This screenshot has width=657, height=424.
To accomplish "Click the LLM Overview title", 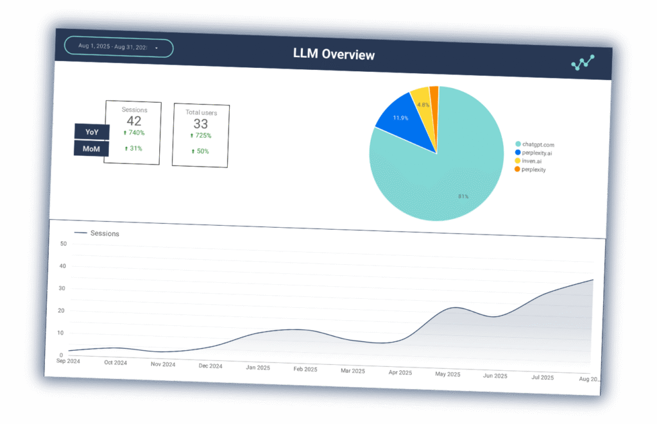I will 333,55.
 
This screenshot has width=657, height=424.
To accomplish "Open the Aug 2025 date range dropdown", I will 119,47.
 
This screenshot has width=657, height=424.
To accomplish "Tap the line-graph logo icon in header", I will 583,62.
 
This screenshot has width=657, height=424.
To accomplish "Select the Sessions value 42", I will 134,121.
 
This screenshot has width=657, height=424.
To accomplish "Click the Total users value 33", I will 201,124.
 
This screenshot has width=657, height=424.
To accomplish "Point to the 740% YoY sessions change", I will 134,133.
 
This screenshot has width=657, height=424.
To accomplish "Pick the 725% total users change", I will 201,136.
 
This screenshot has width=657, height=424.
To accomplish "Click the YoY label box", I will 92,132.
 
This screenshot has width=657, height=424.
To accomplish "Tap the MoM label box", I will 91,149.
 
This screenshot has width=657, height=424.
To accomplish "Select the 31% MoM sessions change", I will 133,149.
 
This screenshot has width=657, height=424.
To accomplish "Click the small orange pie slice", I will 434,94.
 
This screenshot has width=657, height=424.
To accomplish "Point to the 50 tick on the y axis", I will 63,244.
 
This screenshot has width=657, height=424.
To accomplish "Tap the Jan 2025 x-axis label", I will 257,368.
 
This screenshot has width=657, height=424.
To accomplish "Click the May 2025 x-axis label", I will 447,373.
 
